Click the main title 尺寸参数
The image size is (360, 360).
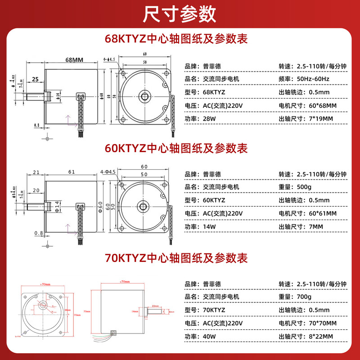tap(180, 14)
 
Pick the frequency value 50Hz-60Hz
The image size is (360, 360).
tap(313, 79)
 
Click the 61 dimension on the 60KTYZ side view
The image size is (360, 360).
tap(72, 171)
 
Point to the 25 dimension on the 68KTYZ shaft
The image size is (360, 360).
tap(35, 80)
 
